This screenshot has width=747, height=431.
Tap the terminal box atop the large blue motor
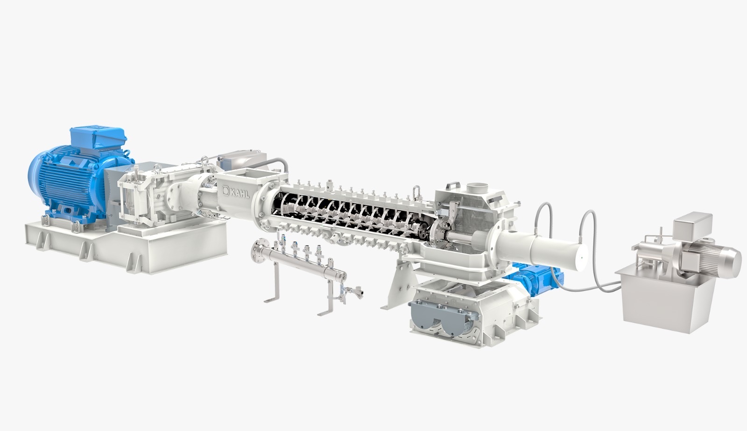point(98,137)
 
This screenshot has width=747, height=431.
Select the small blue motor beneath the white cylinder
point(534,279)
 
